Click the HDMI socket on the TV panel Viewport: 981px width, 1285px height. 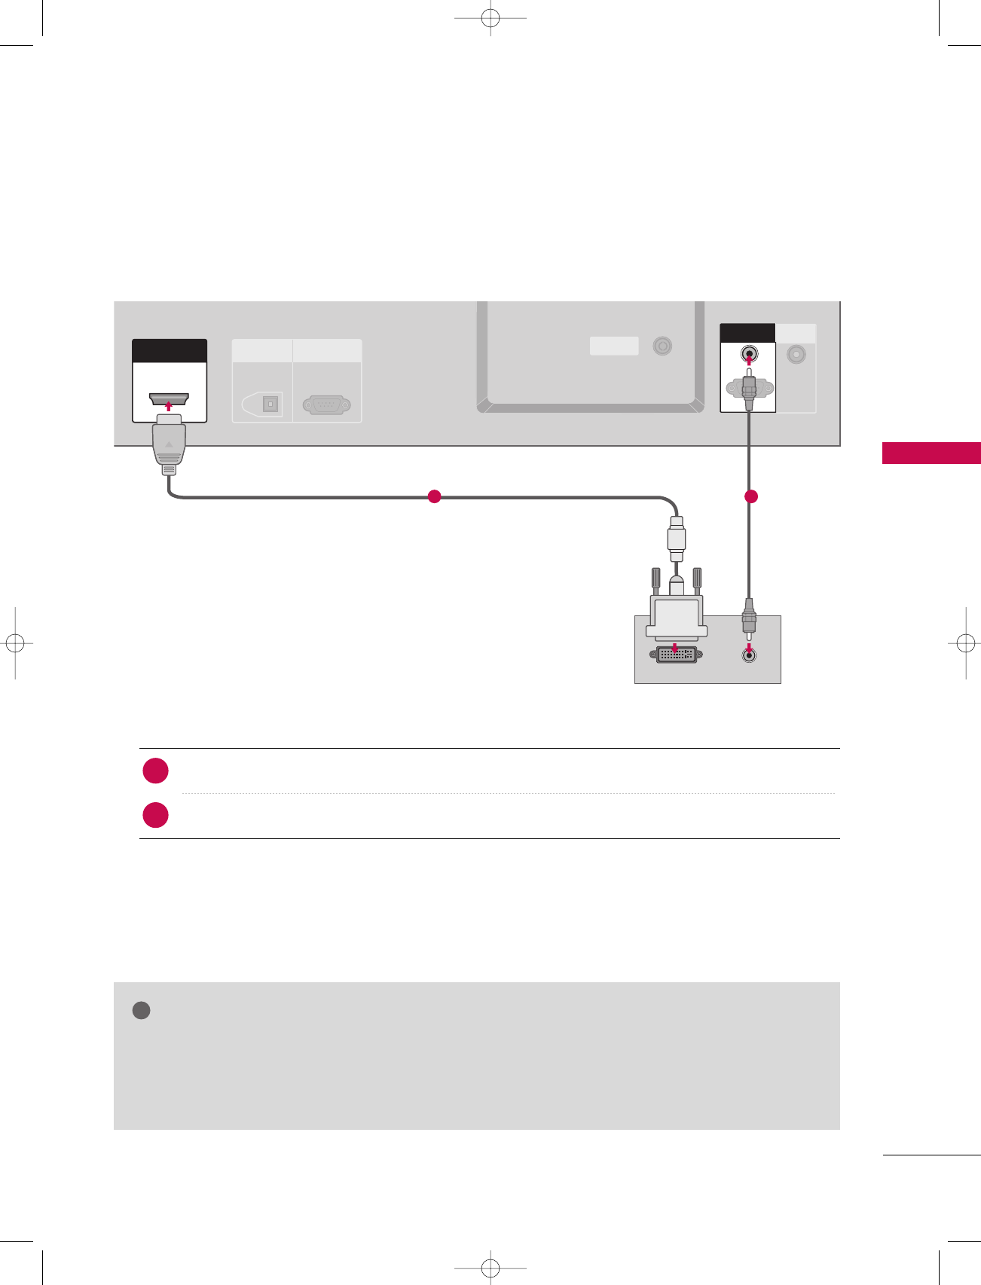(169, 398)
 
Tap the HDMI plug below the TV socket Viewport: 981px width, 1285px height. (169, 444)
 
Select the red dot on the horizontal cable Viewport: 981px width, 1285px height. (434, 496)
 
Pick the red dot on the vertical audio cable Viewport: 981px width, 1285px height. (750, 496)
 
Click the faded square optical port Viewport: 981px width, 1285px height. (270, 404)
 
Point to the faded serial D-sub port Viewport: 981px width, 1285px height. (326, 405)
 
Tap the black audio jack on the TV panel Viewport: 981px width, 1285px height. (748, 353)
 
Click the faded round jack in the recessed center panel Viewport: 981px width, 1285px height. (662, 346)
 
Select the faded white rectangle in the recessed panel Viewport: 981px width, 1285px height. (614, 346)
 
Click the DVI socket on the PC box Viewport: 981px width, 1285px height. (677, 655)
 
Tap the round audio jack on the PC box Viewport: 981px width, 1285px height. (748, 655)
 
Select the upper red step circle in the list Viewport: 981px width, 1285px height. (156, 771)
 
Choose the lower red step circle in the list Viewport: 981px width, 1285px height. (156, 815)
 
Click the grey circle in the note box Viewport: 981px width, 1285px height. (141, 1010)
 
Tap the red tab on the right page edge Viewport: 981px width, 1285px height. (931, 453)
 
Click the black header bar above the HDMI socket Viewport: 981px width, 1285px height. (170, 351)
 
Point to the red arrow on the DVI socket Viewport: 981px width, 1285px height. (675, 648)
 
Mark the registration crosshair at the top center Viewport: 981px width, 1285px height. (490, 17)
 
